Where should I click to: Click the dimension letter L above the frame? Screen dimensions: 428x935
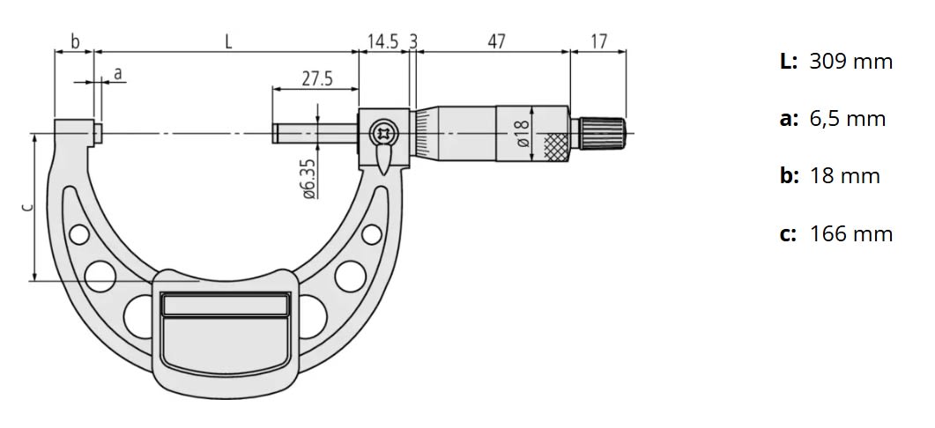pos(228,41)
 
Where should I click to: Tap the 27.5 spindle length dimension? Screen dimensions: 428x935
pos(316,78)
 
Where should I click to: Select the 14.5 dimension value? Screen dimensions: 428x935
pos(382,41)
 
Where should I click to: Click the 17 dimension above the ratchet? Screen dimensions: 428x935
pos(598,41)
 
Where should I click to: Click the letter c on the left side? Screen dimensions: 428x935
pos(27,208)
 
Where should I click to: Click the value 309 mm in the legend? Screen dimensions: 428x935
pos(850,62)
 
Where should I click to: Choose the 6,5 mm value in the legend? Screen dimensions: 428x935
pos(847,119)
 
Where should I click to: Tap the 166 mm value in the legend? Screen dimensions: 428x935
pos(850,234)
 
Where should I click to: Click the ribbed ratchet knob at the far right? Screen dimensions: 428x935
pos(602,133)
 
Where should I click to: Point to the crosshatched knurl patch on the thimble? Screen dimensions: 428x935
pos(557,146)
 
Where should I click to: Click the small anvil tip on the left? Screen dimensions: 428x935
pos(99,134)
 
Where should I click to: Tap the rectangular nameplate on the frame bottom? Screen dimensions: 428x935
pos(226,305)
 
